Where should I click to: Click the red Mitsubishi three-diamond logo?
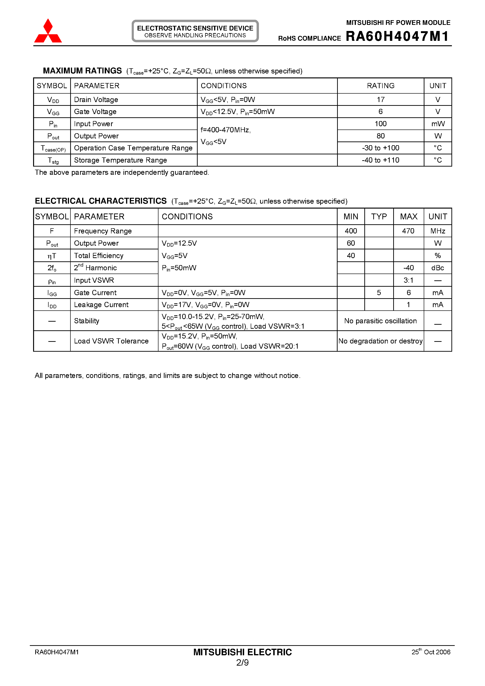(x=48, y=31)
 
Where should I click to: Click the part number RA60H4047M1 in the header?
(x=397, y=36)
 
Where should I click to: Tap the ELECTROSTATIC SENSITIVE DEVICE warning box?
(x=195, y=31)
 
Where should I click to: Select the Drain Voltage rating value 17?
(x=380, y=99)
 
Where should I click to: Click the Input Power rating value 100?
(x=380, y=124)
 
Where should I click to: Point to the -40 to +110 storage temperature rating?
(x=380, y=160)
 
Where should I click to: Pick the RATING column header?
(x=380, y=86)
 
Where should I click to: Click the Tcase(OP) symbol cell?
(x=53, y=148)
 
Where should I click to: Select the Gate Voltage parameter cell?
(x=95, y=111)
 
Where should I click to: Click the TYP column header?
(x=379, y=217)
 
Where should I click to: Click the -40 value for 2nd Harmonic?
(x=408, y=268)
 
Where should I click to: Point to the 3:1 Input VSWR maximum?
(x=408, y=280)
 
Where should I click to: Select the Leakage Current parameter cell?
(x=101, y=305)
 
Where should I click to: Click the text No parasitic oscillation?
(x=380, y=321)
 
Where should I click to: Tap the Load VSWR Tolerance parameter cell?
(x=111, y=341)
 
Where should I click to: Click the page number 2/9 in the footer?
(x=242, y=663)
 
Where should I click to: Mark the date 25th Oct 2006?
(x=431, y=652)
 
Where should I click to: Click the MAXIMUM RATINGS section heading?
(x=82, y=71)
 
